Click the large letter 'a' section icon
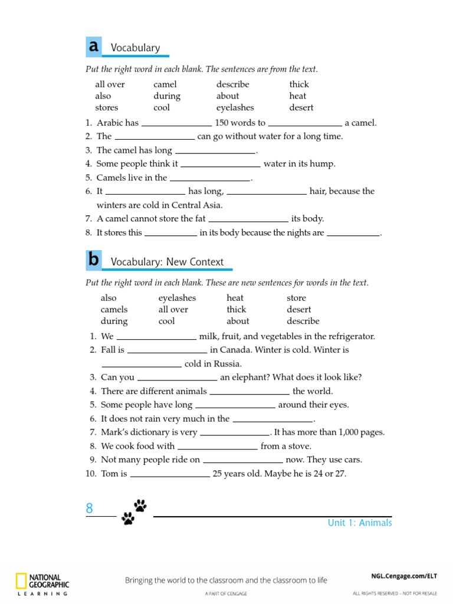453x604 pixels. (x=93, y=46)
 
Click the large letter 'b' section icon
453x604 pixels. (x=93, y=260)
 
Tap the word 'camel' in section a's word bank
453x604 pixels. (x=165, y=84)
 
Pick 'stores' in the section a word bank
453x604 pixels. (x=107, y=107)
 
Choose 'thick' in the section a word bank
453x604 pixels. (x=299, y=84)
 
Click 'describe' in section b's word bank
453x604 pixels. (x=303, y=321)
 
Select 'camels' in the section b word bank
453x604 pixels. (x=114, y=309)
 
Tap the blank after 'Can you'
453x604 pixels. (x=177, y=379)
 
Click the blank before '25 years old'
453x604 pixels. (x=170, y=475)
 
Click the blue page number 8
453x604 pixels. (x=90, y=508)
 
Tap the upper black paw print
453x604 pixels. (x=140, y=505)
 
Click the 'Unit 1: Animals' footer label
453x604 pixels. (x=360, y=523)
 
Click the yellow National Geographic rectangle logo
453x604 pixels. (x=21, y=581)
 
